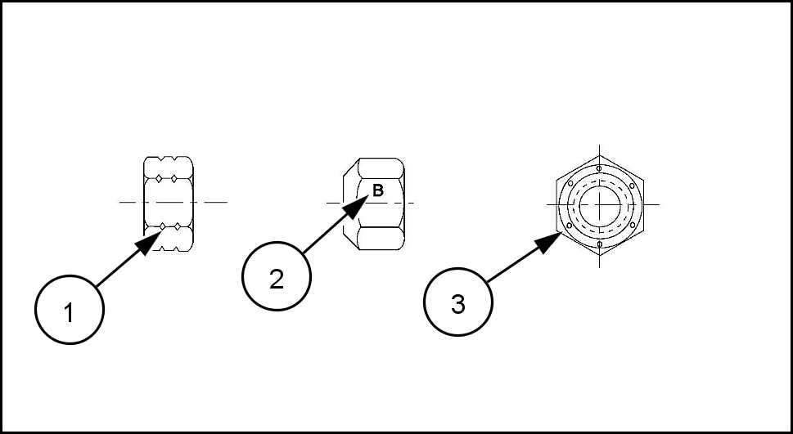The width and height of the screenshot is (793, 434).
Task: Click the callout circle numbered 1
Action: tap(69, 311)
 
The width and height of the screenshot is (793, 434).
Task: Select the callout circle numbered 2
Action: tap(277, 277)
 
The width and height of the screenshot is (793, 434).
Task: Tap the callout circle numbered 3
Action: tap(457, 303)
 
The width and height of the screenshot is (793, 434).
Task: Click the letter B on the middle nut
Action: tap(378, 191)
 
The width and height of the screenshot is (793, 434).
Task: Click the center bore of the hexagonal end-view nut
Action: tap(601, 203)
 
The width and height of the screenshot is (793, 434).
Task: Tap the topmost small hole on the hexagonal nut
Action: tap(601, 169)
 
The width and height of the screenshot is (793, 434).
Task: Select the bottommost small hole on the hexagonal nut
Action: tap(601, 244)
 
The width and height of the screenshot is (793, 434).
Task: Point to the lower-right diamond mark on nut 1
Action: tap(178, 225)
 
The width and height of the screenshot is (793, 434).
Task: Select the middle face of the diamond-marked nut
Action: tap(169, 202)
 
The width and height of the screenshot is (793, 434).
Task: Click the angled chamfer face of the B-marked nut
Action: tap(350, 203)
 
